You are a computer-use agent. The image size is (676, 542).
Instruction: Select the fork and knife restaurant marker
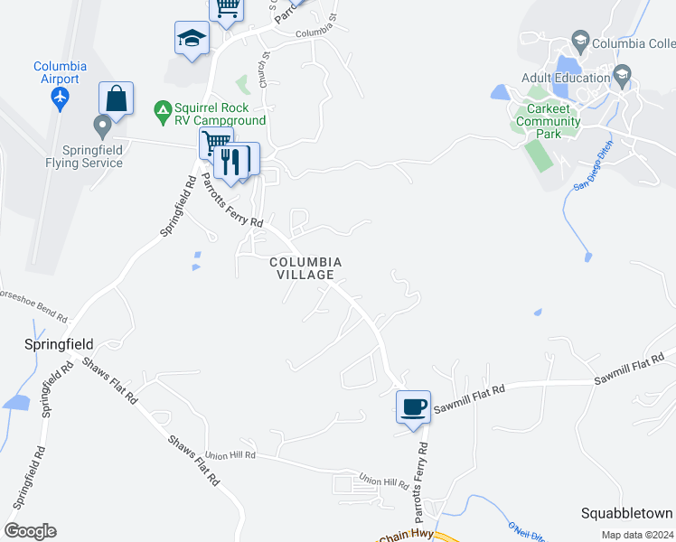pyautogui.click(x=232, y=160)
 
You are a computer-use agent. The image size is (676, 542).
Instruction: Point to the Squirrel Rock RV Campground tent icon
pyautogui.click(x=163, y=112)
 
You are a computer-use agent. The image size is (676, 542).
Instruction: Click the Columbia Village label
pyautogui.click(x=305, y=268)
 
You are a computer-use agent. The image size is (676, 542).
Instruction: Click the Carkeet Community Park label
pyautogui.click(x=548, y=121)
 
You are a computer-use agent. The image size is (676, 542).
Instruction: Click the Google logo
pyautogui.click(x=30, y=531)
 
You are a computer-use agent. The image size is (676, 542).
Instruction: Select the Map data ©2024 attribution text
pyautogui.click(x=636, y=535)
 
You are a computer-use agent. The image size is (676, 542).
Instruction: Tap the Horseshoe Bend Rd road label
pyautogui.click(x=33, y=306)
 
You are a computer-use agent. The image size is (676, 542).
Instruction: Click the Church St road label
pyautogui.click(x=265, y=69)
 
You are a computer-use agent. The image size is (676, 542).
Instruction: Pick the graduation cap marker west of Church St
pyautogui.click(x=192, y=38)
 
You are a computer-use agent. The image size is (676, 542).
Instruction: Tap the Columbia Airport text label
pyautogui.click(x=60, y=72)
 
